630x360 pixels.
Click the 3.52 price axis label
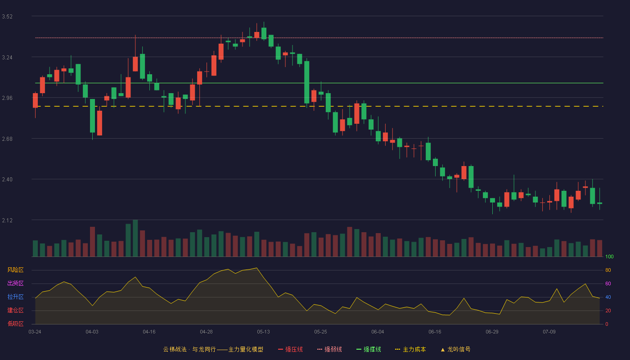[x=7, y=17]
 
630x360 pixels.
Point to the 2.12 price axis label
[x=7, y=220]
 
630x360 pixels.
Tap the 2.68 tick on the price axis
[x=7, y=139]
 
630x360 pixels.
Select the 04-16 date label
[x=149, y=332]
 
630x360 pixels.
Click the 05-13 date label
[x=263, y=332]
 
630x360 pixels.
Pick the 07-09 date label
[x=549, y=332]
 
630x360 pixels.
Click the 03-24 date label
[x=35, y=332]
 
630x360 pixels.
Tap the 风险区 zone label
[x=15, y=270]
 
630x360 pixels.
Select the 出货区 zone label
[x=15, y=283]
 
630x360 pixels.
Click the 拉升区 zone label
[x=15, y=297]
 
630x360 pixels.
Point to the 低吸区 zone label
[x=15, y=324]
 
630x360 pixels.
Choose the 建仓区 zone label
[x=15, y=310]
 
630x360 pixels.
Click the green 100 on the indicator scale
[x=609, y=256]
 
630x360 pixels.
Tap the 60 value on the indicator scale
[x=608, y=283]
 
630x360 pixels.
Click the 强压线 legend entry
[x=291, y=349]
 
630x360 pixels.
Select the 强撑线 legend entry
[x=369, y=349]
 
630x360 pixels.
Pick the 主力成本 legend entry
[x=410, y=349]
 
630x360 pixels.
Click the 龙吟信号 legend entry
[x=455, y=349]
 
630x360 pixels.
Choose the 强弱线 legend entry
[x=329, y=349]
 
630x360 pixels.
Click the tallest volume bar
[x=135, y=238]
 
